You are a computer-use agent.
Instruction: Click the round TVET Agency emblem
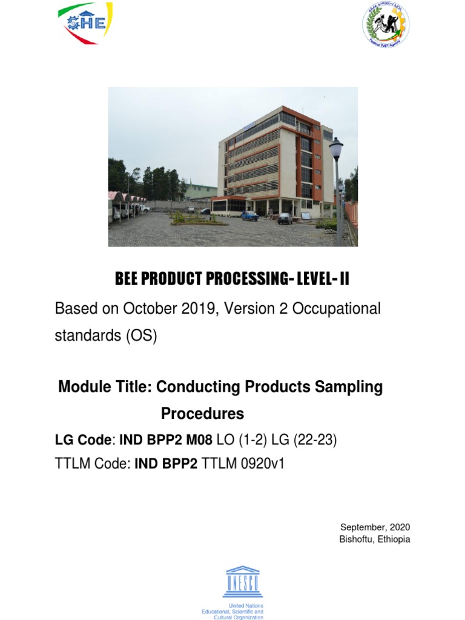[386, 25]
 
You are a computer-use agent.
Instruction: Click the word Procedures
[202, 414]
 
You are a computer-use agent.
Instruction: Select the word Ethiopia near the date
[394, 539]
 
